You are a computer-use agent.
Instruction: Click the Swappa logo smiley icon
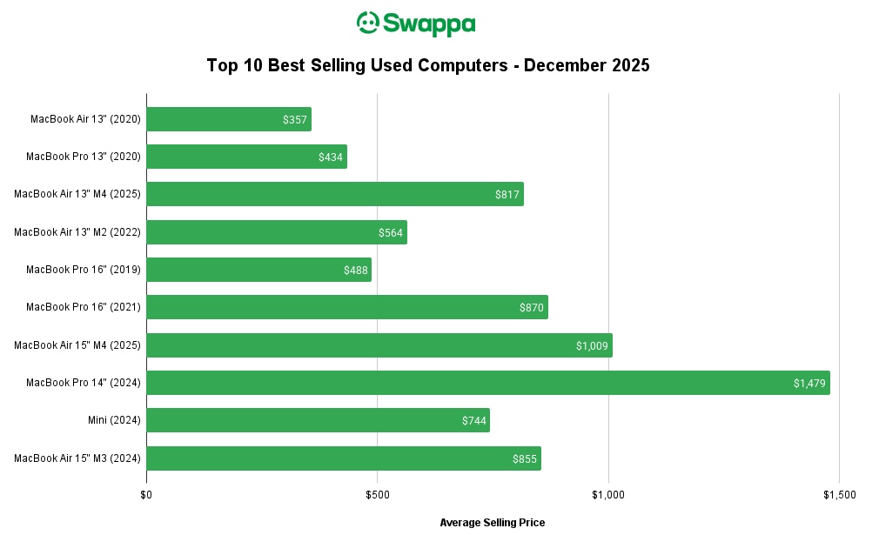pyautogui.click(x=369, y=23)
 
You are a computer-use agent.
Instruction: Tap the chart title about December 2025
pyautogui.click(x=428, y=65)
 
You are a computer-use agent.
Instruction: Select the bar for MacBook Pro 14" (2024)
pyautogui.click(x=487, y=383)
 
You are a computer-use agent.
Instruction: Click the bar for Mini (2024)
pyautogui.click(x=318, y=420)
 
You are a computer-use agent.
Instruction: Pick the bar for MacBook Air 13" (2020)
pyautogui.click(x=228, y=119)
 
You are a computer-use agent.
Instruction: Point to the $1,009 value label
pyautogui.click(x=592, y=345)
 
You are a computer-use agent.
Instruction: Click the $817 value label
pyautogui.click(x=507, y=194)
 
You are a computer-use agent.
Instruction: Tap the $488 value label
pyautogui.click(x=356, y=270)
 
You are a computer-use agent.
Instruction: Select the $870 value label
pyautogui.click(x=532, y=307)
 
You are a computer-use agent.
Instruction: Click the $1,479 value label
pyautogui.click(x=809, y=383)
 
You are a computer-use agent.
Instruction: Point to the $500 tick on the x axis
pyautogui.click(x=377, y=495)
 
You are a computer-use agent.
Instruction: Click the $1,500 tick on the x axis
pyautogui.click(x=839, y=495)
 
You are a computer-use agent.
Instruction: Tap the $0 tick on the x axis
pyautogui.click(x=146, y=495)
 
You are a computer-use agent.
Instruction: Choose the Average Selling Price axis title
pyautogui.click(x=493, y=522)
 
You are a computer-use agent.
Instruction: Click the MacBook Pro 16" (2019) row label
pyautogui.click(x=84, y=270)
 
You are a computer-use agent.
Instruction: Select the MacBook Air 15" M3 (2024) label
pyautogui.click(x=77, y=458)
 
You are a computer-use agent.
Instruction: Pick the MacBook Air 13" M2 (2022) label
pyautogui.click(x=77, y=232)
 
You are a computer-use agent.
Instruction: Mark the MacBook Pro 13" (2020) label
pyautogui.click(x=84, y=157)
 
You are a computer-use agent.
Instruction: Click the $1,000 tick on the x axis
pyautogui.click(x=608, y=495)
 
